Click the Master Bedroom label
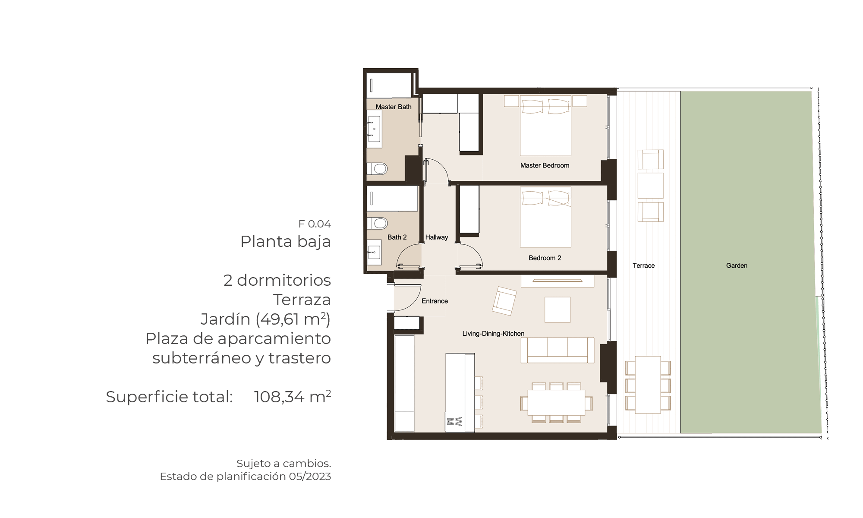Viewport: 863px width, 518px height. pyautogui.click(x=545, y=165)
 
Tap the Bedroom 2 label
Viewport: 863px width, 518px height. pyautogui.click(x=545, y=258)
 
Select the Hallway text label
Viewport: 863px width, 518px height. pyautogui.click(x=437, y=237)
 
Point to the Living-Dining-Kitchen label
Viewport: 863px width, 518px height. pyautogui.click(x=493, y=334)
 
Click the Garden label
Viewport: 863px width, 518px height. pyautogui.click(x=737, y=265)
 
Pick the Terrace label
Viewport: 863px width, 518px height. pyautogui.click(x=644, y=265)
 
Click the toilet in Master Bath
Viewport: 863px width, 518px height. pyautogui.click(x=377, y=168)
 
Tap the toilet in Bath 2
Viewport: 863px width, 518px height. pyautogui.click(x=377, y=223)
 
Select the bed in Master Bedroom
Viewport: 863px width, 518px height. pyautogui.click(x=545, y=126)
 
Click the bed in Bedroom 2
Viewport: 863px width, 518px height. pyautogui.click(x=545, y=217)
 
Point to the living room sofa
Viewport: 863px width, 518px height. pyautogui.click(x=557, y=350)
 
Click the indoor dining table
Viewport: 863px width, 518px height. pyautogui.click(x=556, y=403)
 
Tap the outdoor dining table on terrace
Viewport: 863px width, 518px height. pyautogui.click(x=648, y=385)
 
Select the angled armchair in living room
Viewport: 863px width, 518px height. pyautogui.click(x=504, y=301)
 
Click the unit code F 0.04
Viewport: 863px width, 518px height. pyautogui.click(x=315, y=224)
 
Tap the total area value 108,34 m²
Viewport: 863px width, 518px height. pyautogui.click(x=293, y=397)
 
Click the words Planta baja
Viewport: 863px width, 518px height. pyautogui.click(x=286, y=241)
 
